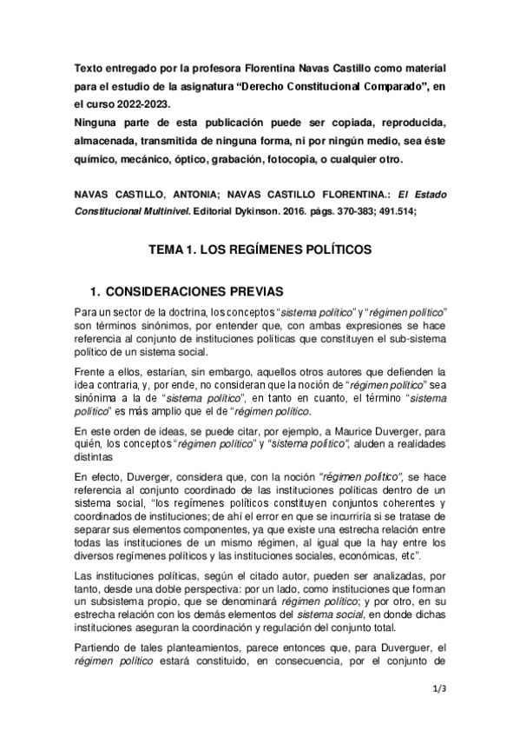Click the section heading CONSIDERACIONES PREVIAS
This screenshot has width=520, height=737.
198,289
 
